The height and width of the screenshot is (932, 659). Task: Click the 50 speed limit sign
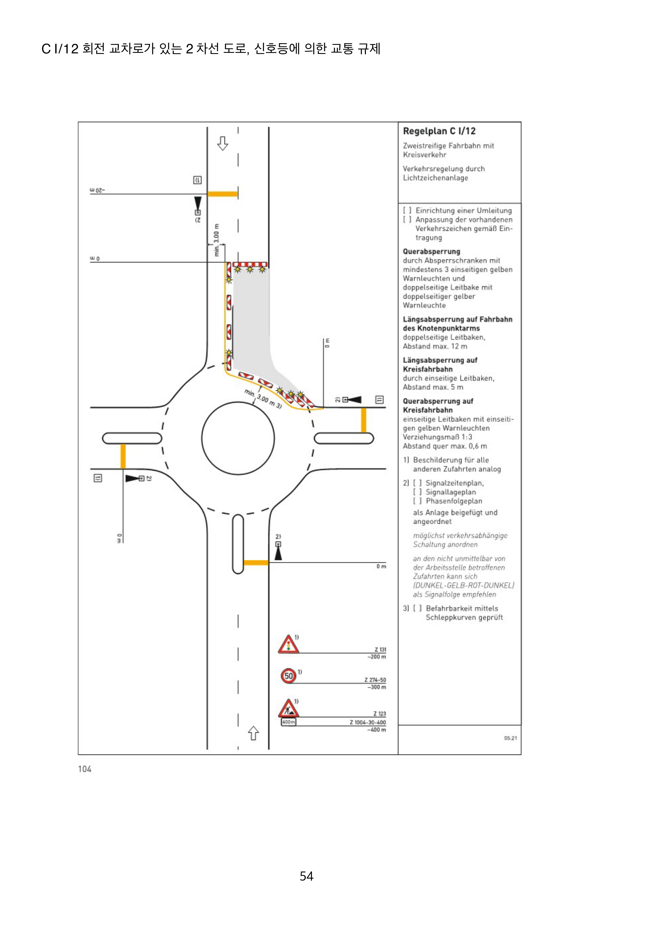click(288, 676)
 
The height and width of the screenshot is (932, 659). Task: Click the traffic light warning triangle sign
click(288, 645)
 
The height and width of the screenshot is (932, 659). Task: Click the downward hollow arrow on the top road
click(222, 143)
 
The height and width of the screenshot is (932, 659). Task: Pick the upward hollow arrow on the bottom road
click(253, 733)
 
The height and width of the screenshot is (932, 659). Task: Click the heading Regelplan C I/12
click(439, 131)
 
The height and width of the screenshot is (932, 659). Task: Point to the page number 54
click(307, 876)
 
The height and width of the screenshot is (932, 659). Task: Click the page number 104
click(85, 769)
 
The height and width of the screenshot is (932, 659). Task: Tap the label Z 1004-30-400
click(368, 722)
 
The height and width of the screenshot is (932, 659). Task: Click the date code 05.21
click(510, 738)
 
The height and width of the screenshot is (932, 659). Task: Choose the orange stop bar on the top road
click(222, 194)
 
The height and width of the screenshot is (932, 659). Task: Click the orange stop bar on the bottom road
click(256, 563)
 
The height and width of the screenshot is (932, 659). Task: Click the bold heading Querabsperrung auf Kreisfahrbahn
click(438, 406)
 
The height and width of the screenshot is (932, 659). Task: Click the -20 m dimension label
click(97, 190)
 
